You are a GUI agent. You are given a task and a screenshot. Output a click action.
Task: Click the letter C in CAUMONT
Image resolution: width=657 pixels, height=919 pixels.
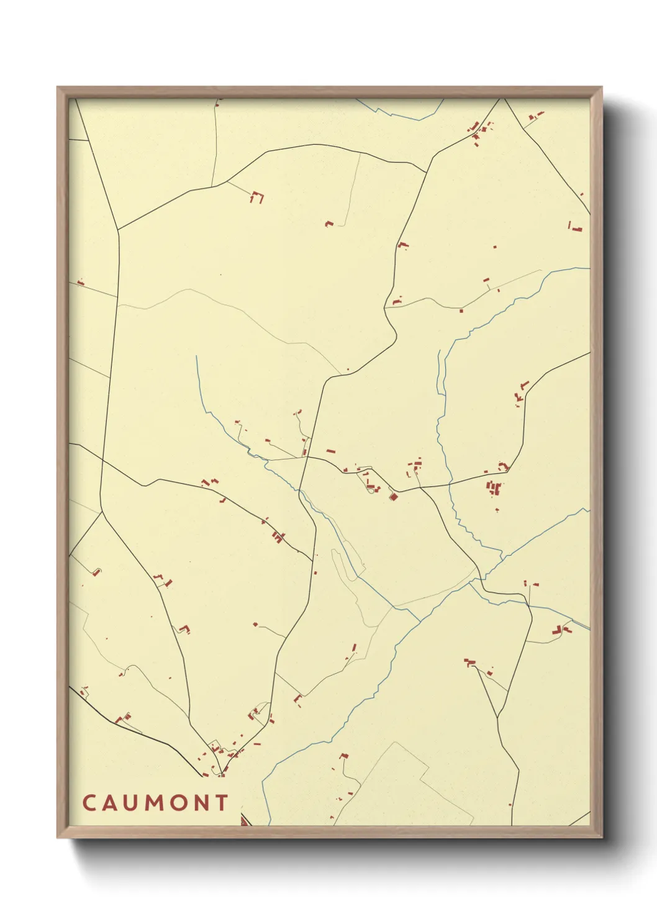coord(88,803)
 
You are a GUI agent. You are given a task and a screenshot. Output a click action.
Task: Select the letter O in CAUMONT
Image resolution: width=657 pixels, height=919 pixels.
coord(178,803)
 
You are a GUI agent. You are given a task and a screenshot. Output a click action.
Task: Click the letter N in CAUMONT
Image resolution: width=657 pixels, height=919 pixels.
coord(201,803)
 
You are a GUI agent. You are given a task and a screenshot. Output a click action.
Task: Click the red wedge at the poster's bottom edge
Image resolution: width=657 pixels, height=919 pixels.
coord(244,822)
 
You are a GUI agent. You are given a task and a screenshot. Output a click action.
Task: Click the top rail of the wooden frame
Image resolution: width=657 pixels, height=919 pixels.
coord(329,92)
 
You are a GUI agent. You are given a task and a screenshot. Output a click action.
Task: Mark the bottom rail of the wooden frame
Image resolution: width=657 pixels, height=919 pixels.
coord(329,832)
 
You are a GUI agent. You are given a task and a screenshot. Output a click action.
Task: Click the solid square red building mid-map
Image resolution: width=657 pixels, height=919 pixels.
coord(392,496)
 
